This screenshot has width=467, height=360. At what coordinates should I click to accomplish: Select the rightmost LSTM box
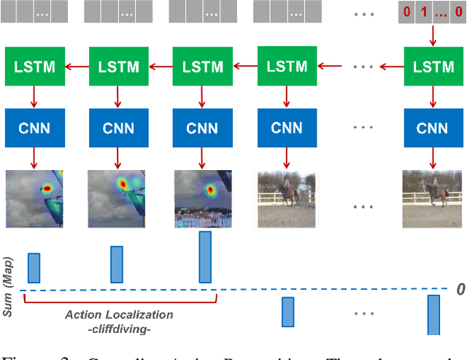click(x=433, y=66)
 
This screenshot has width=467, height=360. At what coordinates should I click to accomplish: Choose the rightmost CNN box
click(x=433, y=129)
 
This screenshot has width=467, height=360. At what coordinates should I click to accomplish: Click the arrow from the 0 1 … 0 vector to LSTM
click(x=433, y=34)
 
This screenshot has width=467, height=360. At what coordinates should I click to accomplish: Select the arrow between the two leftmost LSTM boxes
click(x=75, y=66)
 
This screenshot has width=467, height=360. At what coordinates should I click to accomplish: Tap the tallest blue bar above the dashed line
click(x=204, y=257)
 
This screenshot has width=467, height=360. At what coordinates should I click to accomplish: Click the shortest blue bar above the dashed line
click(x=34, y=267)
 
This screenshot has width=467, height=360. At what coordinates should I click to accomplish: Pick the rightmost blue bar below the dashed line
click(x=433, y=315)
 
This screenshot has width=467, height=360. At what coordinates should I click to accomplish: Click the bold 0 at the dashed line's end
click(x=460, y=290)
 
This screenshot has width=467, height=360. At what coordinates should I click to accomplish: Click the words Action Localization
click(x=119, y=315)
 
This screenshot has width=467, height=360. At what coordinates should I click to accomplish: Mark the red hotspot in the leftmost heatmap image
click(x=47, y=188)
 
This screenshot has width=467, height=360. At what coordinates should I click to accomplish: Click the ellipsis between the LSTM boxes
click(x=363, y=66)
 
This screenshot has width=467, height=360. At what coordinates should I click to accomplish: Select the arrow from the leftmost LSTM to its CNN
click(x=33, y=97)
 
